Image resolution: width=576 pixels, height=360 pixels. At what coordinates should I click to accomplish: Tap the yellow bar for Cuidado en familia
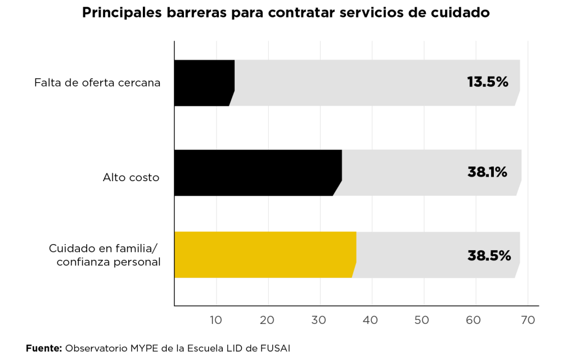click(264, 255)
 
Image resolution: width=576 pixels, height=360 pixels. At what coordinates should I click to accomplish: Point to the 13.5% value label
click(488, 82)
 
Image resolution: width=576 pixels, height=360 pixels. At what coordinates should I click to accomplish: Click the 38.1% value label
click(487, 172)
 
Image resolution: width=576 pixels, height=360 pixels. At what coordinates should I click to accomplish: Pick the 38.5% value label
click(489, 255)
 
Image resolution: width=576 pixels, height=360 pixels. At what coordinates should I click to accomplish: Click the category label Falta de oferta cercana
click(97, 83)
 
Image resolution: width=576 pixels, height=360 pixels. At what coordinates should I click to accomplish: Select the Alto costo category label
click(131, 178)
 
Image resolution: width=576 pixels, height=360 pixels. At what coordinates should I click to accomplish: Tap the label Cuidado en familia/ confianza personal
click(105, 255)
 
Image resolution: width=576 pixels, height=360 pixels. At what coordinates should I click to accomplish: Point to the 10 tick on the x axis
click(216, 320)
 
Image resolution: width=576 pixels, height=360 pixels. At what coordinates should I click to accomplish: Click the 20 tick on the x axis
click(268, 320)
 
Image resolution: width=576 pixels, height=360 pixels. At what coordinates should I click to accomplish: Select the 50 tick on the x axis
click(422, 320)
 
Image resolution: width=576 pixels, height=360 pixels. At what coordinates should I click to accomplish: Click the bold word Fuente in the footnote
click(44, 349)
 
